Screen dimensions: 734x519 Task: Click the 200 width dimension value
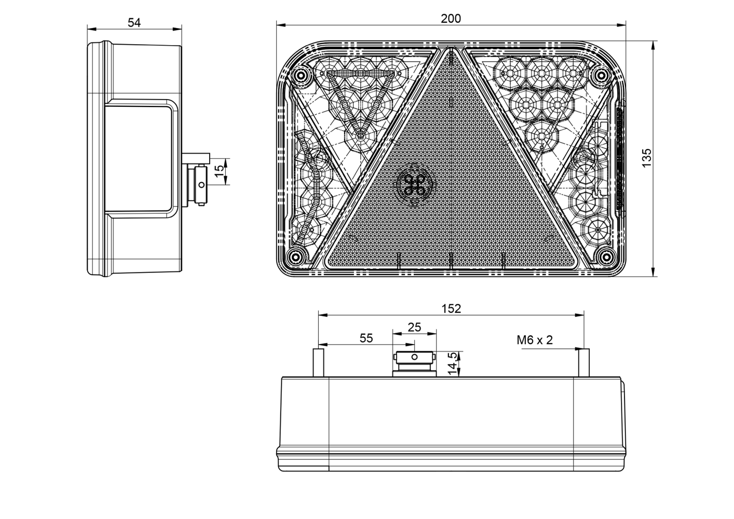coord(451,19)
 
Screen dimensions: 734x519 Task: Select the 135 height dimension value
coord(646,158)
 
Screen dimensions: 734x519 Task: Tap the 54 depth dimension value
coord(134,23)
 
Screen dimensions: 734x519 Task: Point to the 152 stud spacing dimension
coord(451,309)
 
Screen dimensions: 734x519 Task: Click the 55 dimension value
coord(366,338)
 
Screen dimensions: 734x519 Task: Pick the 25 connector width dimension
coord(414,327)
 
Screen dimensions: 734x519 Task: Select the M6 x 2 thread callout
coord(535,340)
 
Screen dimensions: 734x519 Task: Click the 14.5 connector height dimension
coord(452,364)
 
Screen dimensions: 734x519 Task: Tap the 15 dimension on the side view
coord(220,171)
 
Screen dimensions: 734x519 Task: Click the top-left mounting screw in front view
coord(300,76)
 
